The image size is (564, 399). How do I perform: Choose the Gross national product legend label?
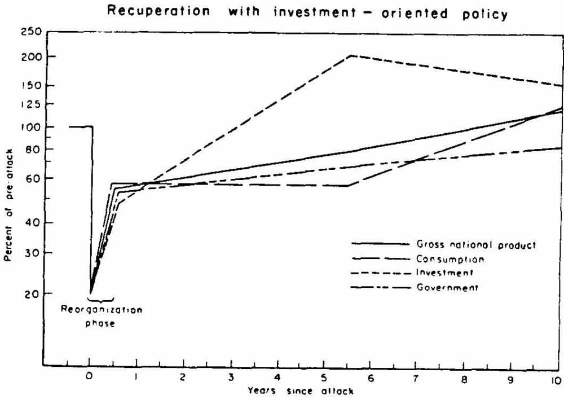476,245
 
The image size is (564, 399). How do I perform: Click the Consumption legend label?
450,259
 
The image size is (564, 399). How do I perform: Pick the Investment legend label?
444,273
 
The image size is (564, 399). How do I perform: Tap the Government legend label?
447,287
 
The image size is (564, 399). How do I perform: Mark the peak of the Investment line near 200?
351,55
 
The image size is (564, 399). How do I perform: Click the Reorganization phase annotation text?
102,316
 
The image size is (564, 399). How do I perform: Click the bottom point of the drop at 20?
90,293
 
